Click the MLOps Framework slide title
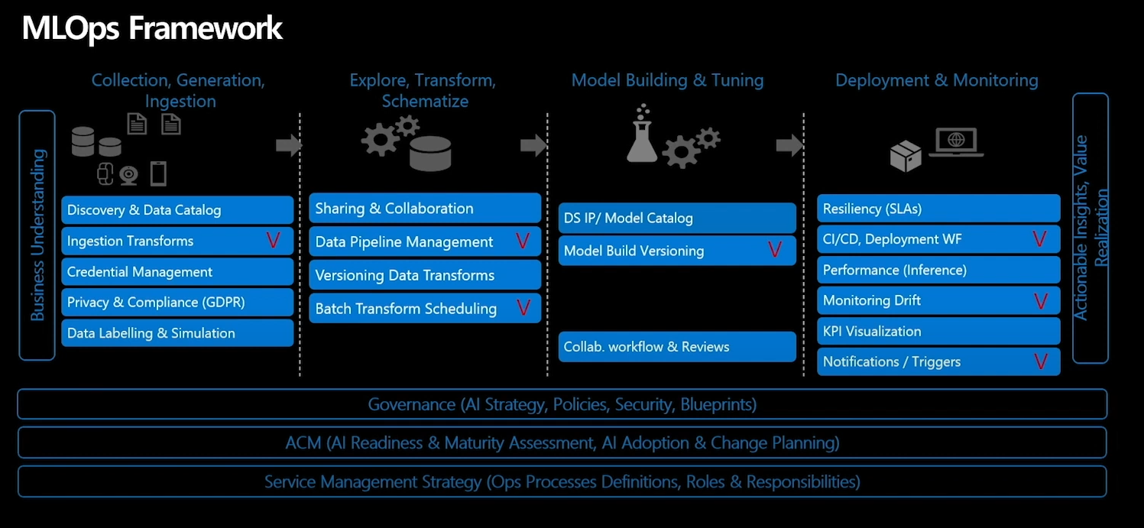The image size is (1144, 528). [152, 28]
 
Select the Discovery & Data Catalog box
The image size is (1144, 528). [177, 210]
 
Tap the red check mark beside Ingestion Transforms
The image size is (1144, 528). [273, 241]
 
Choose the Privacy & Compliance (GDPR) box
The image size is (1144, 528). [177, 303]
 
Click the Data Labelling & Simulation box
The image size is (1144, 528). [177, 333]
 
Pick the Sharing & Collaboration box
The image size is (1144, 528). [425, 209]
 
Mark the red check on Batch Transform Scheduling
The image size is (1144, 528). [523, 308]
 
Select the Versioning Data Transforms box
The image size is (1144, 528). [425, 275]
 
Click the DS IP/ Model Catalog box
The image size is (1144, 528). [677, 218]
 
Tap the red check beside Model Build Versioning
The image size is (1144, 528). [775, 250]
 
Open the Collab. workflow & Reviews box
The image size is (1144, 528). [677, 347]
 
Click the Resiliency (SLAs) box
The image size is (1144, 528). [938, 209]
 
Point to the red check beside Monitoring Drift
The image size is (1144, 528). [1040, 300]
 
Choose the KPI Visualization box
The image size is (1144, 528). [938, 331]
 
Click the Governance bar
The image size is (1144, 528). [562, 404]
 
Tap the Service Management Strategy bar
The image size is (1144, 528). [562, 482]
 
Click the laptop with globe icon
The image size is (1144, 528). [955, 142]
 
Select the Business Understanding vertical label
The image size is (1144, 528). [37, 235]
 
